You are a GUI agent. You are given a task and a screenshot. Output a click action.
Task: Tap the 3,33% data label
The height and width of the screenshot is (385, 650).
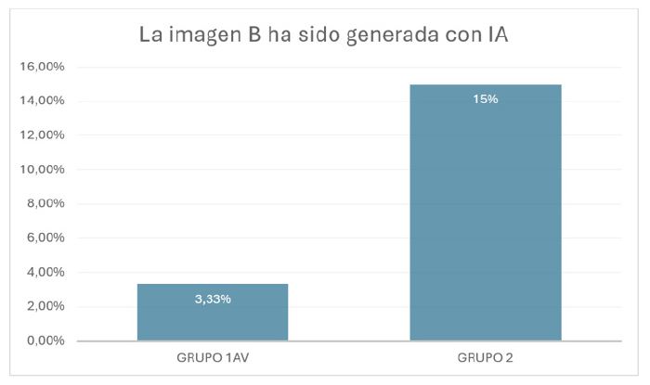click(x=213, y=299)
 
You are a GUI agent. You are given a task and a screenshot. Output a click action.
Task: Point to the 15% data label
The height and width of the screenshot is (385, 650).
click(x=486, y=98)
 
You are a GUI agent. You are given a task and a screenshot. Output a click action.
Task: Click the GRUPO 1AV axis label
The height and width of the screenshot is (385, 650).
click(x=213, y=357)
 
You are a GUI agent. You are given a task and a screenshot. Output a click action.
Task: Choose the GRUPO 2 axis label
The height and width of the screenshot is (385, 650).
click(x=486, y=357)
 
